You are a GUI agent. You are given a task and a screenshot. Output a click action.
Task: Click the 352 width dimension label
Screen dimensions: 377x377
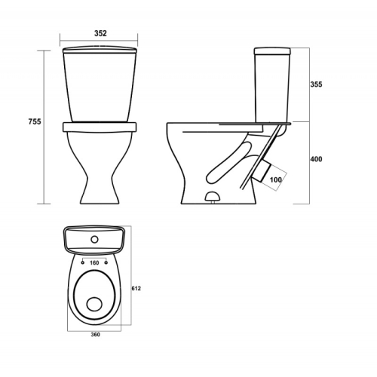point(100,33)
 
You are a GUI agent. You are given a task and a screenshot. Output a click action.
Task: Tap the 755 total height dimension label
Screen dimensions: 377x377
point(35,121)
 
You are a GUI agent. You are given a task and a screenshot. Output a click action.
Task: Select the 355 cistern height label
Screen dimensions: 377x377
point(316,84)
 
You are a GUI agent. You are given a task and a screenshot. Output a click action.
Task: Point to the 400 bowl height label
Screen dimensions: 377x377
point(316,159)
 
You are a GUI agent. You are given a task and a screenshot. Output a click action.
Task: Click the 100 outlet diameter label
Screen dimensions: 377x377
point(276,179)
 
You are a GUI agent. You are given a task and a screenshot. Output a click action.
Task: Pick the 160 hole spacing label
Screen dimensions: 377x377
point(94,263)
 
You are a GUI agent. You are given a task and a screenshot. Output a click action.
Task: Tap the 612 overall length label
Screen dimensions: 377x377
point(136,289)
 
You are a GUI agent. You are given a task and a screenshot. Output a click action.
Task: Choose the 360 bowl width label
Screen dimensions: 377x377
point(96,335)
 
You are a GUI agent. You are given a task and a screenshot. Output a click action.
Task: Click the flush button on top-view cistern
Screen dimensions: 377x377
point(94,240)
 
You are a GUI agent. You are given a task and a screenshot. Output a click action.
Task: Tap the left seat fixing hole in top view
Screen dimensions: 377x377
point(83,262)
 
